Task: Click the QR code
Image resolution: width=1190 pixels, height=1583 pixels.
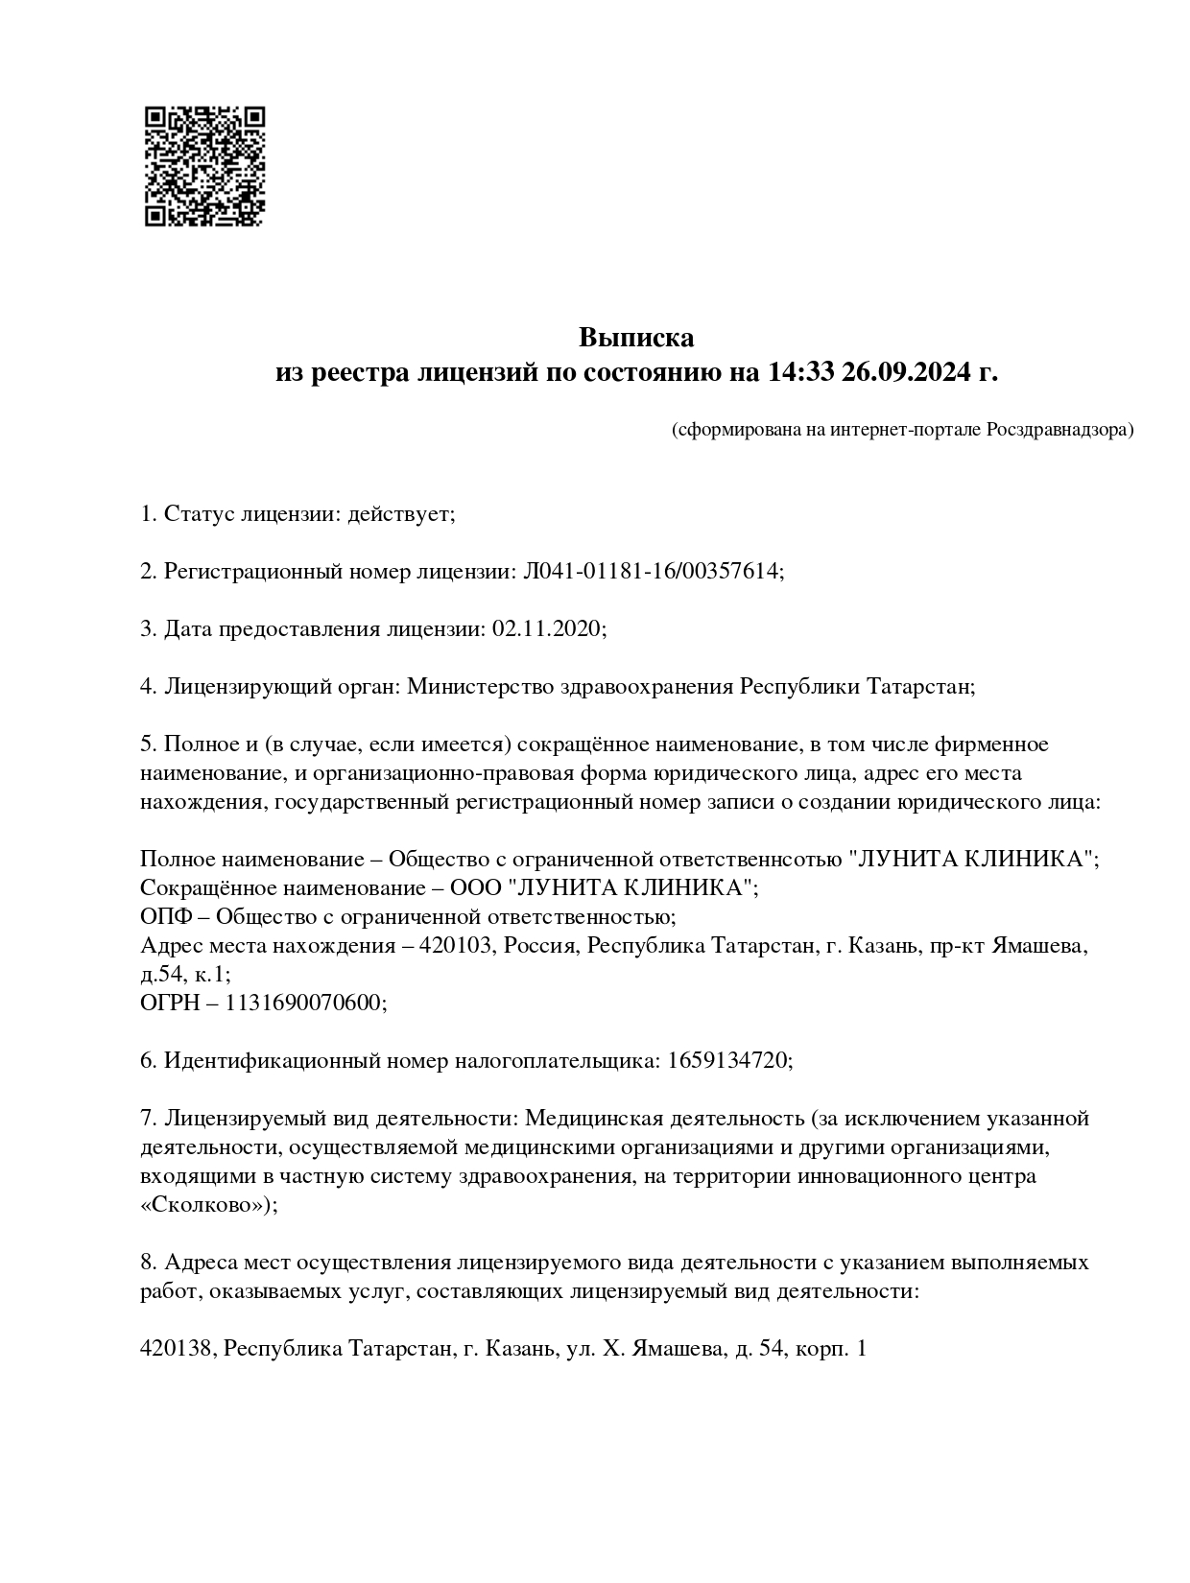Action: pyautogui.click(x=203, y=166)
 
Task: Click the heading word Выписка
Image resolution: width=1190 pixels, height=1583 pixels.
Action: pyautogui.click(x=635, y=338)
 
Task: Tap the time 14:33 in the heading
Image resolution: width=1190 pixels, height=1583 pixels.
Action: pyautogui.click(x=800, y=371)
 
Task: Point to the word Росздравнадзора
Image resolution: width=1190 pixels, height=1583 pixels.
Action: pyautogui.click(x=1059, y=430)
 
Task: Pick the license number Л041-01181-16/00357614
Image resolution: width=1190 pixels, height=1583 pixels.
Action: pyautogui.click(x=651, y=572)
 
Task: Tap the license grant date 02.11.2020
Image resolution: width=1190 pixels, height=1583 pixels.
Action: pyautogui.click(x=546, y=629)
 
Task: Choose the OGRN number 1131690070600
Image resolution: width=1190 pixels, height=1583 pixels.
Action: pyautogui.click(x=305, y=1004)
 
